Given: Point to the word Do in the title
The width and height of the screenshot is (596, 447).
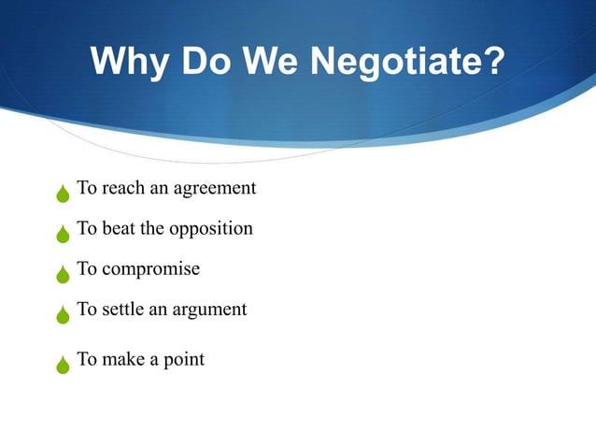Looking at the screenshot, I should tap(208, 63).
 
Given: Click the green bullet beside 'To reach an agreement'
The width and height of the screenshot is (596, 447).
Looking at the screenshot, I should tap(63, 195).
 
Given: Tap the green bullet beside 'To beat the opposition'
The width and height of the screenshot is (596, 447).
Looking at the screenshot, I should tap(63, 234).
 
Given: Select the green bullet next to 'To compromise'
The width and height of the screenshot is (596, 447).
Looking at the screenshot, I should tap(63, 274).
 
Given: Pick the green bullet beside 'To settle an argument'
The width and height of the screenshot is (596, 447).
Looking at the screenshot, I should tap(63, 314).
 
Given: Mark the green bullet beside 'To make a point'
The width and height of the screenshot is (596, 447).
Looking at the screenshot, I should tap(63, 364).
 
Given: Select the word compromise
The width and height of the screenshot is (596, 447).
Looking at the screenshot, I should tap(150, 269).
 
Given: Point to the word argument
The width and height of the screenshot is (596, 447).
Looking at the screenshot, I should tap(209, 309).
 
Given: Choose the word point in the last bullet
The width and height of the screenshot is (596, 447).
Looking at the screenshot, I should tap(183, 359).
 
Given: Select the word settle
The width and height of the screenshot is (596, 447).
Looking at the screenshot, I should tap(124, 309).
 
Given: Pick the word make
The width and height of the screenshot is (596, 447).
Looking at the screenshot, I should tap(124, 358).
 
